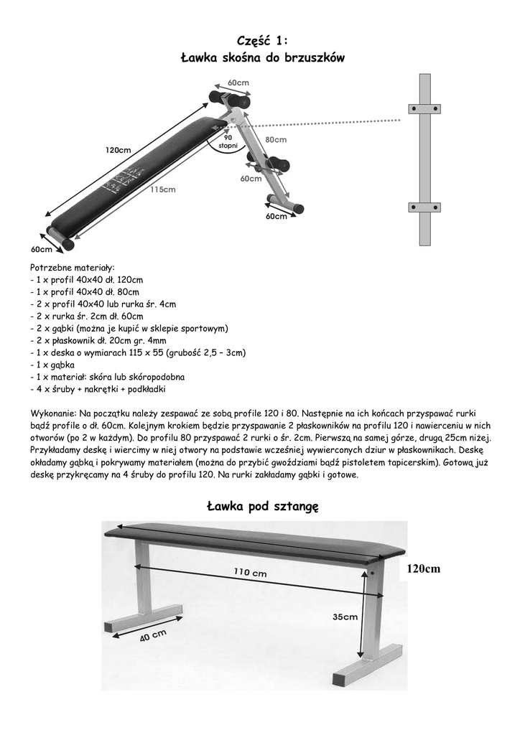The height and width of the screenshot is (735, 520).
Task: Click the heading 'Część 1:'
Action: (262, 41)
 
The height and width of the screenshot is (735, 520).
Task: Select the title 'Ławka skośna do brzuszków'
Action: (262, 58)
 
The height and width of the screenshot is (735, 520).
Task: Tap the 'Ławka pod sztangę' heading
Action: (262, 507)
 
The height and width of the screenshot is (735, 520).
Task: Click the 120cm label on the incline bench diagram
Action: (119, 150)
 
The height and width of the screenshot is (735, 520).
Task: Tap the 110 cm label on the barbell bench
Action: (250, 573)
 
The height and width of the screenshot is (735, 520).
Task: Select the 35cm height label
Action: (345, 617)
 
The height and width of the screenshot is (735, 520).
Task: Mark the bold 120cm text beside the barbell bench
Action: (423, 569)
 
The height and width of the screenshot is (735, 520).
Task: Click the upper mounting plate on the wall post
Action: (424, 108)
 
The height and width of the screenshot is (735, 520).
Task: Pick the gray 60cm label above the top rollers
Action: (238, 83)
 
